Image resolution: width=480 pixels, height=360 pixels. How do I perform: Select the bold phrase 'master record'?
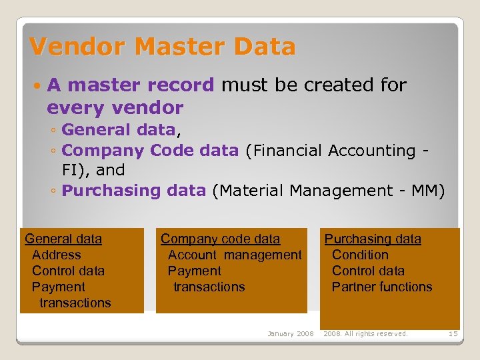pyautogui.click(x=141, y=85)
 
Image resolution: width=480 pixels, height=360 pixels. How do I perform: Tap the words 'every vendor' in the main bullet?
pyautogui.click(x=115, y=107)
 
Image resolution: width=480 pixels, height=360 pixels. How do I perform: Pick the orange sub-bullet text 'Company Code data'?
pyautogui.click(x=150, y=151)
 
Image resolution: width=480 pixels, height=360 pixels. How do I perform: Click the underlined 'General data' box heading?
pyautogui.click(x=63, y=239)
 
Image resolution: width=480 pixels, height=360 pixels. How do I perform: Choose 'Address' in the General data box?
pyautogui.click(x=56, y=255)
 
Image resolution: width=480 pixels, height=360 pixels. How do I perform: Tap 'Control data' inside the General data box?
pyautogui.click(x=68, y=271)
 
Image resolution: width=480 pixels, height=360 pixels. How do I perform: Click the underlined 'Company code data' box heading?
pyautogui.click(x=220, y=239)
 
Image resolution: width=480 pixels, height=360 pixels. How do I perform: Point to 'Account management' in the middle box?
pyautogui.click(x=235, y=255)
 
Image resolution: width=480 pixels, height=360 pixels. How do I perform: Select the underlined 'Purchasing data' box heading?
pyautogui.click(x=373, y=239)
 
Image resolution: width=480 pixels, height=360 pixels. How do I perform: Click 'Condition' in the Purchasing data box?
pyautogui.click(x=360, y=255)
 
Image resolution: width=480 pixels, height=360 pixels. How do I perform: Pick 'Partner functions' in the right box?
pyautogui.click(x=382, y=287)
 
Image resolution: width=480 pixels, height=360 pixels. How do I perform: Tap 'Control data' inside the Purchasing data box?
pyautogui.click(x=368, y=271)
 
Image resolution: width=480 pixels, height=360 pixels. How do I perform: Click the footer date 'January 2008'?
pyautogui.click(x=290, y=333)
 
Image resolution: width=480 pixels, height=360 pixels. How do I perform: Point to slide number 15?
pyautogui.click(x=453, y=333)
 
